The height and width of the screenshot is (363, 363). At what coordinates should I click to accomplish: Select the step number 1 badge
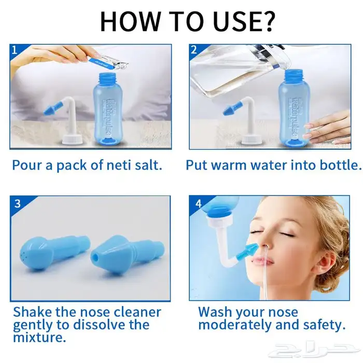tap(15, 50)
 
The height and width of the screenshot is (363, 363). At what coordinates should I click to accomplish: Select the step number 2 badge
tap(194, 50)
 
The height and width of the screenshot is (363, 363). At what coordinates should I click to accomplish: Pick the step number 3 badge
tap(17, 204)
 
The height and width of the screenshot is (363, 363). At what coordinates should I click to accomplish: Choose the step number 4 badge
tap(199, 204)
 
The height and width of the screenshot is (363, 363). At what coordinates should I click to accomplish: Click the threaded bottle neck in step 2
tap(294, 76)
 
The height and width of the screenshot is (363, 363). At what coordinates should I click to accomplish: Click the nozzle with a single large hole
tap(128, 255)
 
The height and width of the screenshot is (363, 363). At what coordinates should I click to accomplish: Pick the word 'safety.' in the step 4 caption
tap(324, 325)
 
